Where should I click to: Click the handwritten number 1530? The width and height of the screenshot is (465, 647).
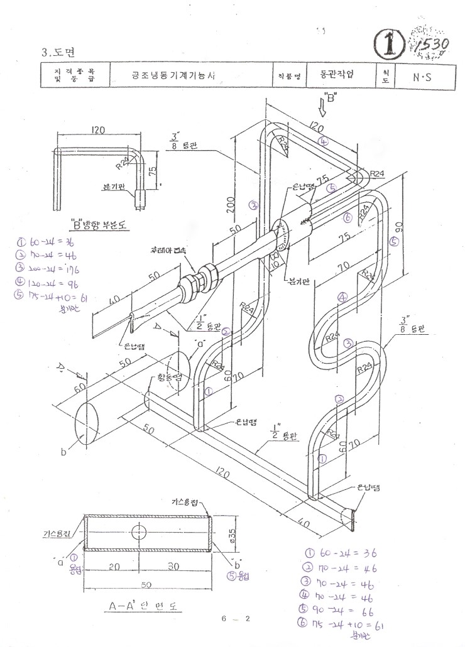click(432, 45)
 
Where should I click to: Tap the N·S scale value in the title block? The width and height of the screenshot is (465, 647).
click(422, 78)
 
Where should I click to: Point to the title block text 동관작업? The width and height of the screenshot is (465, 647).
click(333, 74)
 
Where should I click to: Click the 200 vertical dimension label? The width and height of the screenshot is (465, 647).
click(231, 202)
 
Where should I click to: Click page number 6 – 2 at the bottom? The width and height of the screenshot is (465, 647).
click(236, 619)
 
